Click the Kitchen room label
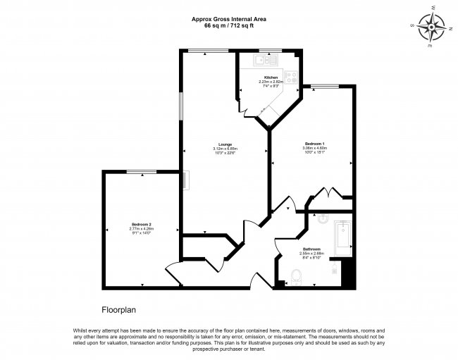pos(271,77)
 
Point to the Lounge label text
pos(225,144)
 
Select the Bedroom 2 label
pos(142,225)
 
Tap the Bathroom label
pos(312,249)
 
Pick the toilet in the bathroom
pos(295,277)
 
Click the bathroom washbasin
pos(323,218)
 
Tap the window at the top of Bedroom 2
pos(147,171)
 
